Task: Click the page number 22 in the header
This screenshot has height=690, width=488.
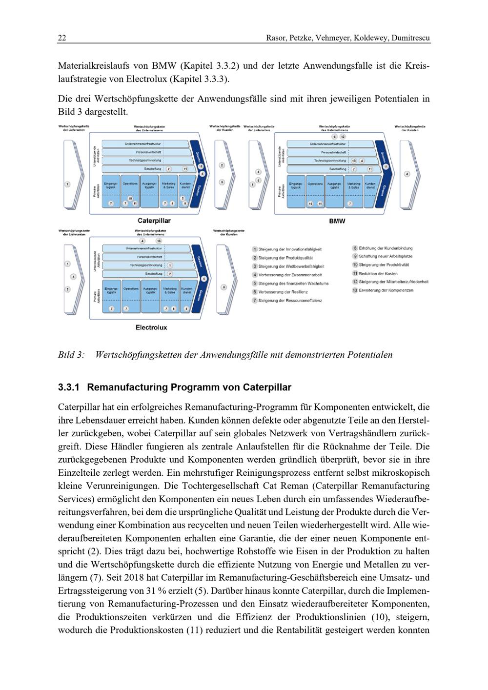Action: [x=62, y=38]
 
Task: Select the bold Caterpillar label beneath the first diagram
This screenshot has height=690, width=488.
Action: [x=154, y=221]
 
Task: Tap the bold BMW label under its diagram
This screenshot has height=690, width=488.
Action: [x=337, y=221]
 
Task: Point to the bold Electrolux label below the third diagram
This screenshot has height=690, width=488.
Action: [x=151, y=327]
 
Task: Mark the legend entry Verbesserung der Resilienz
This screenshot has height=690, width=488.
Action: [x=283, y=292]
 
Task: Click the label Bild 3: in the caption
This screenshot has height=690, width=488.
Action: [x=71, y=355]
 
